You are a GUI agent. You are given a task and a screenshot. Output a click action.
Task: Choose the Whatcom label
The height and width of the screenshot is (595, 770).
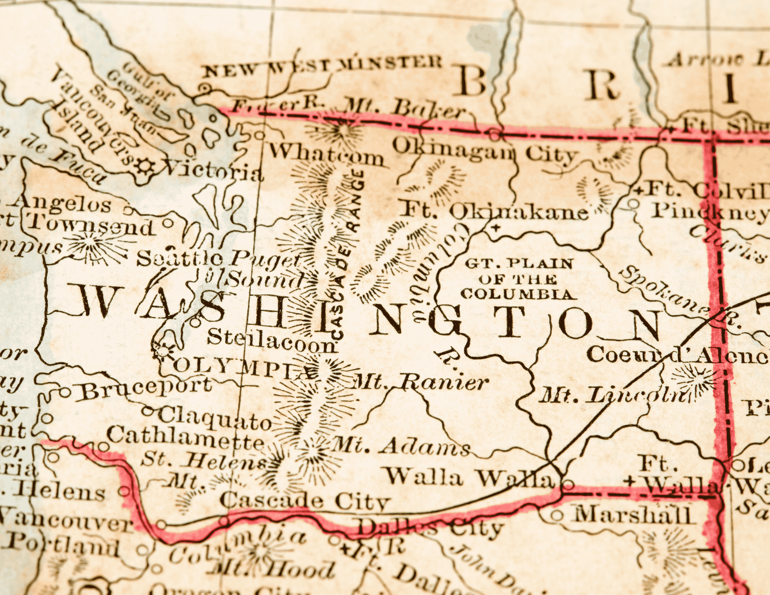[x=326, y=155]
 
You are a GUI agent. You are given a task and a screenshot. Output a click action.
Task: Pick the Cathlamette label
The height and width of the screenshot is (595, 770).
[x=186, y=439]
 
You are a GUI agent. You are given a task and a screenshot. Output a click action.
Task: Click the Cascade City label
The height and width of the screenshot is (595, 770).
[x=305, y=501]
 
